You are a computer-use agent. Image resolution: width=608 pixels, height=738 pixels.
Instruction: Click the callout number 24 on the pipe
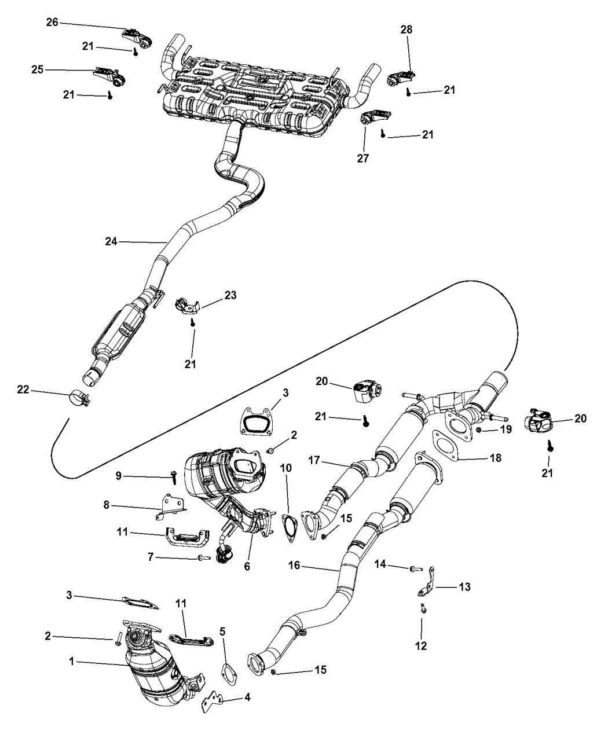[x=111, y=241]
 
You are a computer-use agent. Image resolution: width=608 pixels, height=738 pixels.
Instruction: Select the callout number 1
[x=71, y=660]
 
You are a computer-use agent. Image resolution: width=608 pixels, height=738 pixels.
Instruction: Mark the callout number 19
[x=507, y=429]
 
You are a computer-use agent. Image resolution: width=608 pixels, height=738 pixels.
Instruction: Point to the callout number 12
[x=421, y=645]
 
